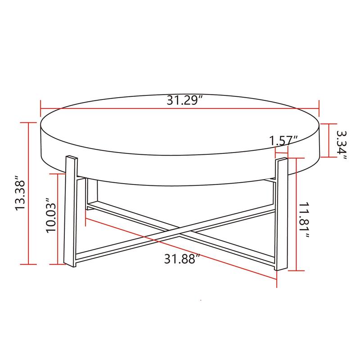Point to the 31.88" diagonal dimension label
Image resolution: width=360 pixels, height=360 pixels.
coord(181,260)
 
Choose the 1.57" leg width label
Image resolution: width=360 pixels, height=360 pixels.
coord(284,140)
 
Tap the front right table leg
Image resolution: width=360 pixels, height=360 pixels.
coord(281,214)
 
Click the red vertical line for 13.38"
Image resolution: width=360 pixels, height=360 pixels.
coord(30,193)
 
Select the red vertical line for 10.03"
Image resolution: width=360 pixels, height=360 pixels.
coord(58,219)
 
